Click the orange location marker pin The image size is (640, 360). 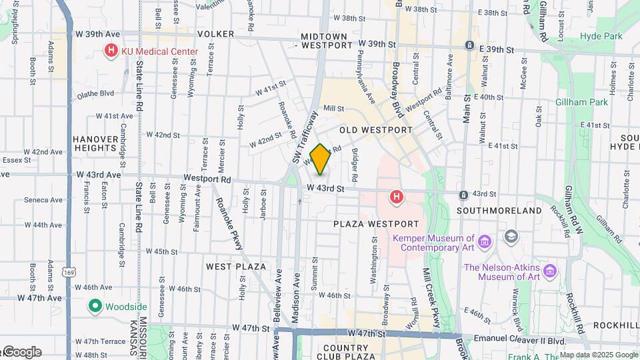(x=320, y=159)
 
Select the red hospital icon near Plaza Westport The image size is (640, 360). (x=397, y=196)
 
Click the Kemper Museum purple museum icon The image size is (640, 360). (x=484, y=240)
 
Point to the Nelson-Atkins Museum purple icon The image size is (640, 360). (x=550, y=271)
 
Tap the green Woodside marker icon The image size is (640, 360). (x=95, y=306)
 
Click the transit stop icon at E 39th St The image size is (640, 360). (x=469, y=46)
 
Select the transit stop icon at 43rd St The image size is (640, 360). (x=463, y=195)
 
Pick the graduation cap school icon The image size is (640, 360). (x=511, y=236)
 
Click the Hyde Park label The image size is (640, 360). (x=601, y=36)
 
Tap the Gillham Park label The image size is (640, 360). (x=582, y=102)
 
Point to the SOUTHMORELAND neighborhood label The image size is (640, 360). (x=499, y=211)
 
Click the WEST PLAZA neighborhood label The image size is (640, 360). (x=236, y=267)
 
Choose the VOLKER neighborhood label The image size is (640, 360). (x=215, y=34)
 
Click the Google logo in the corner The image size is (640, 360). (x=21, y=352)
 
